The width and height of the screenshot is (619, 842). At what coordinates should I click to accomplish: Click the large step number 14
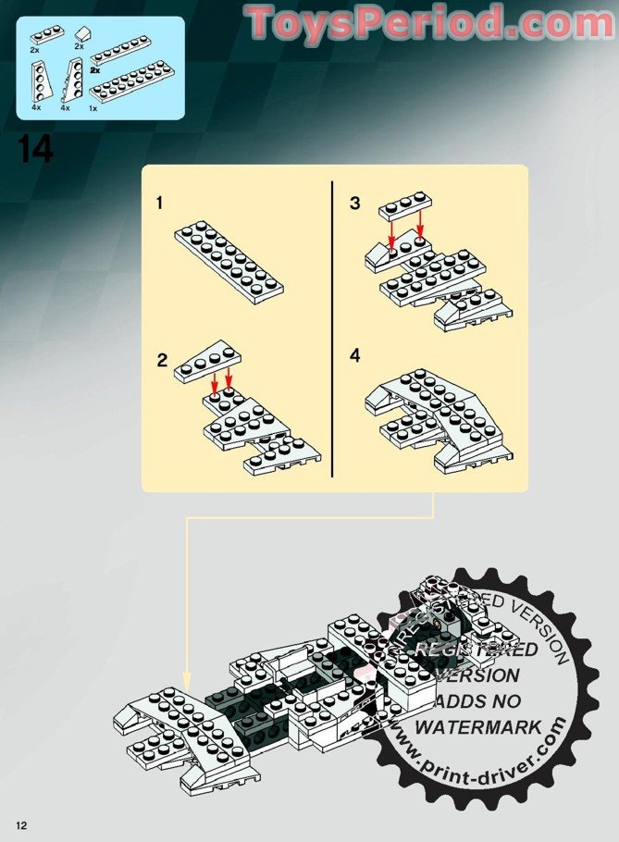[x=35, y=150]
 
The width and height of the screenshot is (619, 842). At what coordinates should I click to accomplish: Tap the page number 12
[x=20, y=823]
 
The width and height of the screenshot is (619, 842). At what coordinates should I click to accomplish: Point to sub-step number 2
[x=162, y=361]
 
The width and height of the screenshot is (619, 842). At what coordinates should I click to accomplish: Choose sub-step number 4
[x=355, y=356]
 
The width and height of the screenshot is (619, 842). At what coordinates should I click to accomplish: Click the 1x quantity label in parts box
[x=93, y=108]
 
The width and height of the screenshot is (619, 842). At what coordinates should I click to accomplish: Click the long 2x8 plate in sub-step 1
[x=229, y=256]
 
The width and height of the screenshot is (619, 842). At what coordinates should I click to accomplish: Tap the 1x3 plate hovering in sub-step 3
[x=403, y=206]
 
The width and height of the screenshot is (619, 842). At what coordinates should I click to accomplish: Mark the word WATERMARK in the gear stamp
[x=478, y=727]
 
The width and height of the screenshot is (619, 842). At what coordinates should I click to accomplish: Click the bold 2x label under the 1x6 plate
[x=95, y=70]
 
